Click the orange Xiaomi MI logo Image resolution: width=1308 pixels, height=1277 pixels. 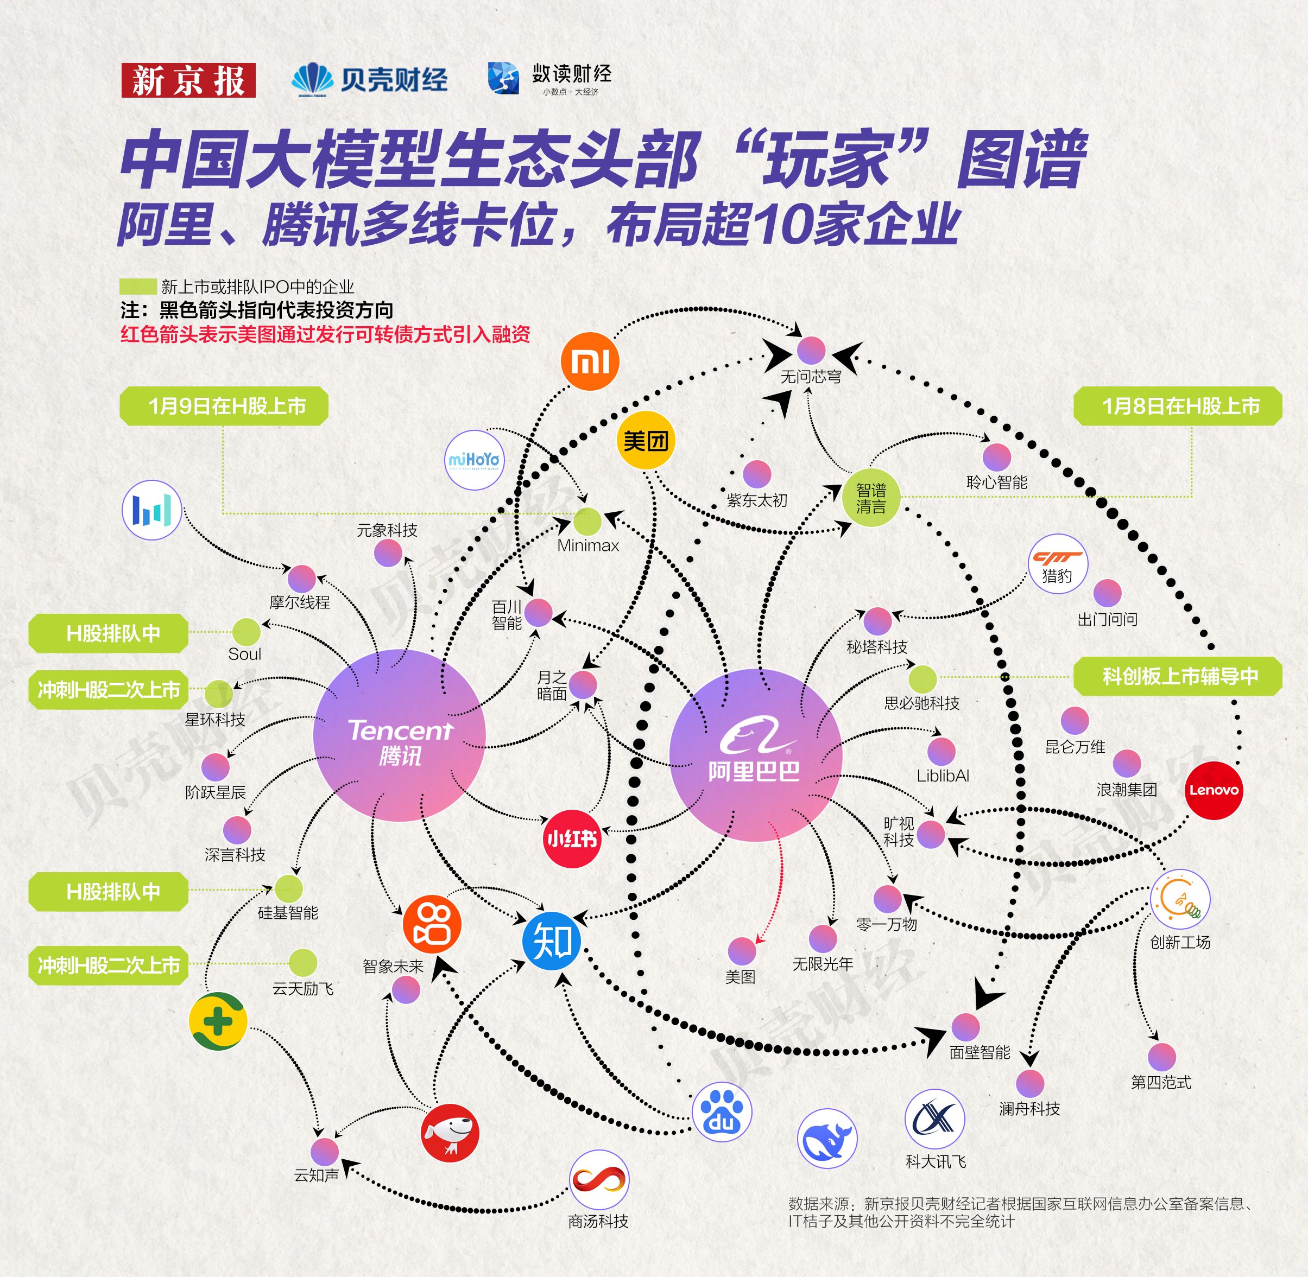click(589, 361)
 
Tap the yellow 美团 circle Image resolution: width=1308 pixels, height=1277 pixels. click(646, 441)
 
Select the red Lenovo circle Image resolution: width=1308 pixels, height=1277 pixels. click(1214, 790)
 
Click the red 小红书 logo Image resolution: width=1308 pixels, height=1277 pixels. click(572, 838)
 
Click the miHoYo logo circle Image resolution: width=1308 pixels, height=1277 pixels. click(474, 460)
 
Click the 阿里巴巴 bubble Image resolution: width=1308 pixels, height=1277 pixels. click(755, 754)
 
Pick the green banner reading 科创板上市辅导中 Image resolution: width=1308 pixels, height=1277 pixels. click(1178, 676)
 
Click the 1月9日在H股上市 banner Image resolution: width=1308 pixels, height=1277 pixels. click(224, 406)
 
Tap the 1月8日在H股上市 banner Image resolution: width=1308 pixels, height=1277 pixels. click(1178, 406)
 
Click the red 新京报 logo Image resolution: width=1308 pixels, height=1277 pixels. click(188, 80)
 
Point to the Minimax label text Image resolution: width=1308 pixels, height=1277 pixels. click(588, 545)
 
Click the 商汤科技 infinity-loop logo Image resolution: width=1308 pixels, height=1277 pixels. click(599, 1180)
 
